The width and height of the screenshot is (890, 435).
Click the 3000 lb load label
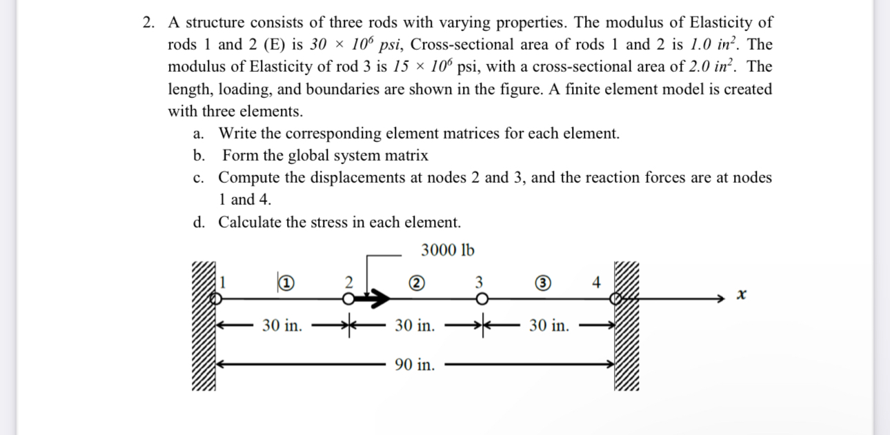tap(447, 250)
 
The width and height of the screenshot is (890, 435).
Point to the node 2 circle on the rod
tap(349, 299)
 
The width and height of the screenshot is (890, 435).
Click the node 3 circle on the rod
tap(481, 299)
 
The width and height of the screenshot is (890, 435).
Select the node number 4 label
tap(597, 281)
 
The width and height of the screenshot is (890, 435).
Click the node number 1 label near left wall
tap(223, 281)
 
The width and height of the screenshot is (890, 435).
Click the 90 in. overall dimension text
tap(415, 365)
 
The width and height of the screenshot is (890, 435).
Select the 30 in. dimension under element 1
tap(282, 325)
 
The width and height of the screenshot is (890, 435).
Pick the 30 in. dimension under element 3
tap(549, 325)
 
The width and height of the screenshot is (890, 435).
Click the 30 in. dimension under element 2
tap(415, 325)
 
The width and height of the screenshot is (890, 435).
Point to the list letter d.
tap(199, 223)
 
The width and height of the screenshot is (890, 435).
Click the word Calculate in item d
tap(250, 223)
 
